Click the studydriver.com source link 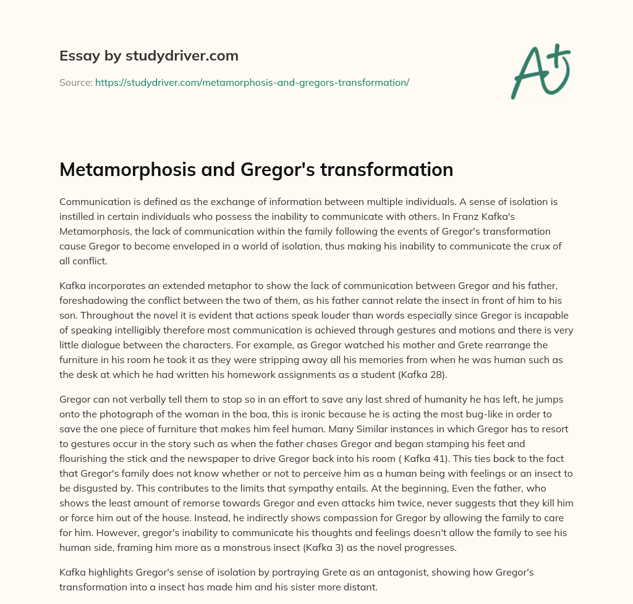[x=252, y=82]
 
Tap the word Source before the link [x=75, y=82]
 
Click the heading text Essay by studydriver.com [x=148, y=56]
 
